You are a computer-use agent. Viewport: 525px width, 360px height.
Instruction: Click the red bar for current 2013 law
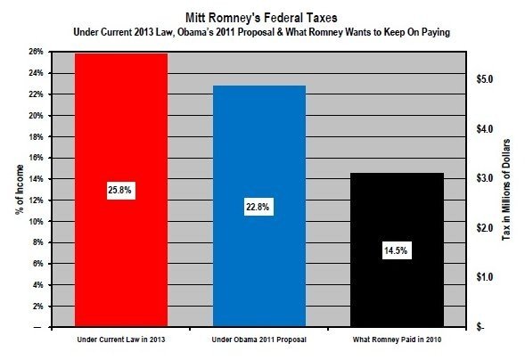120,134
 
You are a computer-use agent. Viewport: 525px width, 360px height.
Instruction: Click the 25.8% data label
119,191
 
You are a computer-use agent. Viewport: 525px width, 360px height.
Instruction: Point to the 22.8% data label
258,207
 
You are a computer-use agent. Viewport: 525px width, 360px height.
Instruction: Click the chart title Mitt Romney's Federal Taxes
262,17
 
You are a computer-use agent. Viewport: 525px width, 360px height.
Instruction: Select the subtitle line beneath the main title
262,33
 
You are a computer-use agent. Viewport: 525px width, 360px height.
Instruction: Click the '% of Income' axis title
19,190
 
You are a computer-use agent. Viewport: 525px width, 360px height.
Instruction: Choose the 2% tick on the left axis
37,306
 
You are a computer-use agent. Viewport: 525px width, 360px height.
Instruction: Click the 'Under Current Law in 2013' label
119,340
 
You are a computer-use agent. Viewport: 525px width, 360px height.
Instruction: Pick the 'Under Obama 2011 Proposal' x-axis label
258,340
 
